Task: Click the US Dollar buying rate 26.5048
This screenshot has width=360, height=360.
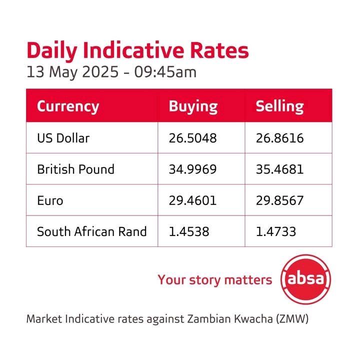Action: [192, 138]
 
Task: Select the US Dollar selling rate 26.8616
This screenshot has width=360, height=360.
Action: [279, 138]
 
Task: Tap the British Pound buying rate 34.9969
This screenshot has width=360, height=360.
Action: [192, 169]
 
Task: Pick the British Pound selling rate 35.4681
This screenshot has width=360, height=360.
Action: [279, 169]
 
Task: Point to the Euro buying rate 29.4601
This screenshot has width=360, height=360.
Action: [192, 200]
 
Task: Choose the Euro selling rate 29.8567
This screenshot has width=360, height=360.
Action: [279, 200]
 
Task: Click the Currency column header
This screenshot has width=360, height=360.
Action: [68, 106]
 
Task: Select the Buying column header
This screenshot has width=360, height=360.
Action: [193, 106]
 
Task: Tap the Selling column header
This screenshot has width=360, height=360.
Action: [279, 106]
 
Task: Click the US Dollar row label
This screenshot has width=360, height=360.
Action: [63, 138]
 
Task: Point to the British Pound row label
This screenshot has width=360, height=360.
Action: [75, 169]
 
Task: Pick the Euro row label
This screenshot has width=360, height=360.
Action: [50, 200]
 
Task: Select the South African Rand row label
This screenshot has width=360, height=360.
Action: [92, 231]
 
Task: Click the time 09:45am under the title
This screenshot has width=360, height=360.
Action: [168, 72]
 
